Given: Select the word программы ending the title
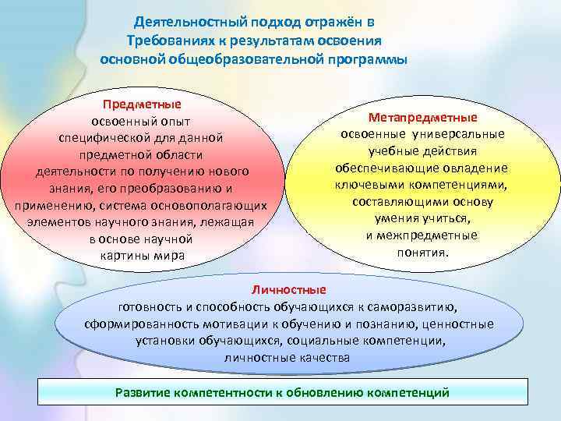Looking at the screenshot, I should [362, 59].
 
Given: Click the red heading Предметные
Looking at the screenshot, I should [141, 104].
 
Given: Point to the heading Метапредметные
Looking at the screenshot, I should [424, 118].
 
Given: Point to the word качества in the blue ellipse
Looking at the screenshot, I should [323, 358].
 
